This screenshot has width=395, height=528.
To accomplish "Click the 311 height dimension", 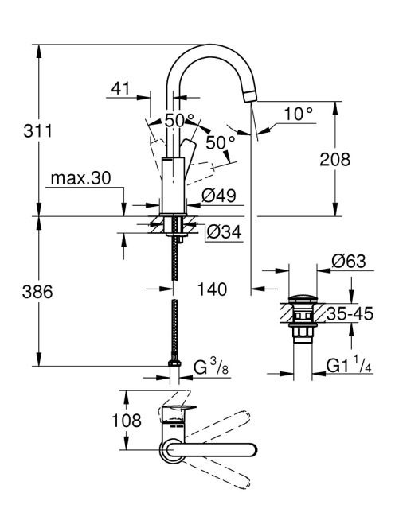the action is pos(37,130).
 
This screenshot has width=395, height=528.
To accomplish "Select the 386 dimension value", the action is pos(37,292).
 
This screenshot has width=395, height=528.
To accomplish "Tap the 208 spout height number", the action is pos(335,159).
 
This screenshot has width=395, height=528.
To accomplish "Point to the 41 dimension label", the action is pos(120,88).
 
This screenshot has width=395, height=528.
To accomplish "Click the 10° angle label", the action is pos(299,114).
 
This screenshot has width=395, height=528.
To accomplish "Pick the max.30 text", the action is pos(80,178).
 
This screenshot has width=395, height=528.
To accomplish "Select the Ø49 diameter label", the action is pos(219,196).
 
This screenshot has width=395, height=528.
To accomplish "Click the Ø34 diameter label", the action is pos(225,231).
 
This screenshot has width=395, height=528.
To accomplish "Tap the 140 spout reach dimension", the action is pos(212,289).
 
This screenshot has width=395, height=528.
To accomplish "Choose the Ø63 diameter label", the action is pos(349,261).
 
